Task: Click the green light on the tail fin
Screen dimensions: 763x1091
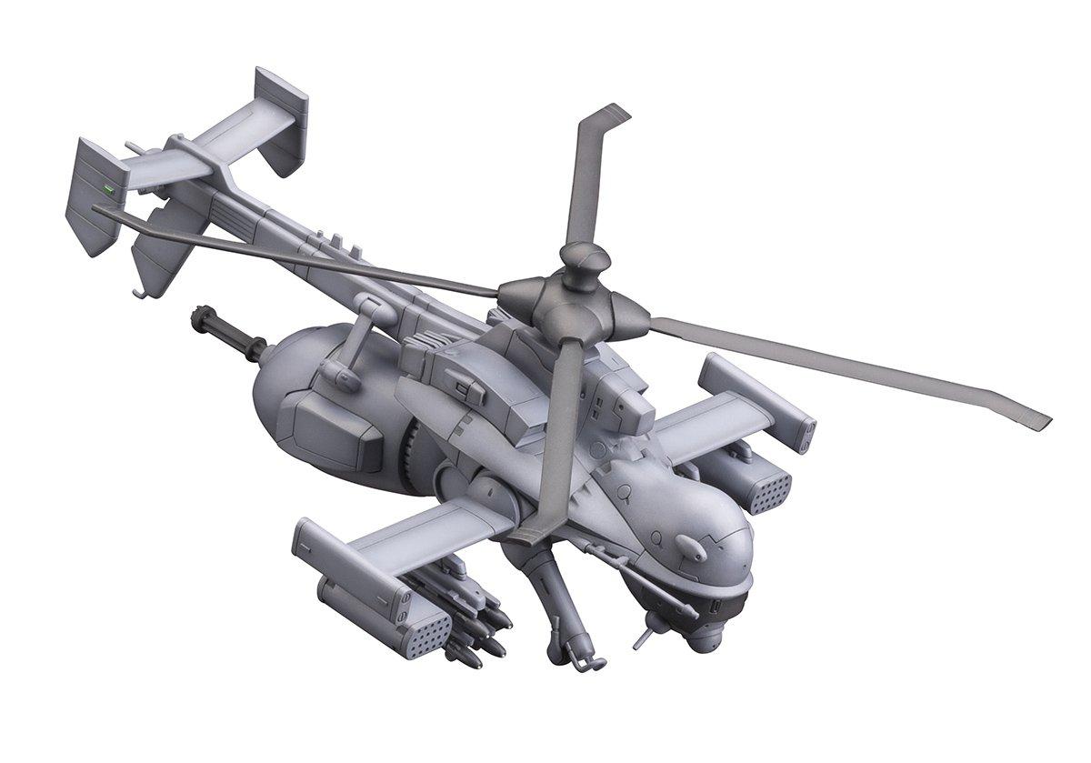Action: click(108, 190)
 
